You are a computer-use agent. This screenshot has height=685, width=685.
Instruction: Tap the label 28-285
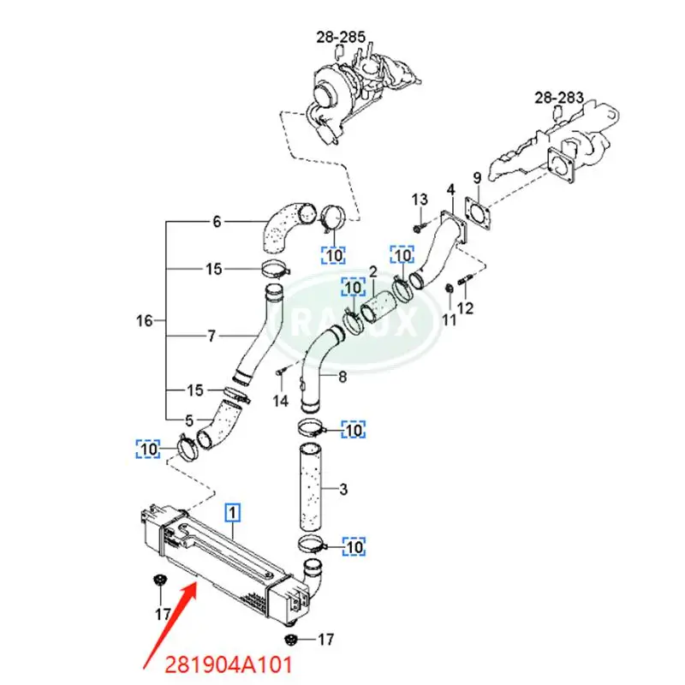[341, 37]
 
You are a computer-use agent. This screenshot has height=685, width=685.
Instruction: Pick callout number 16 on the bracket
[145, 321]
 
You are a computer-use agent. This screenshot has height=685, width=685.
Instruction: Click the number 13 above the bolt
[419, 200]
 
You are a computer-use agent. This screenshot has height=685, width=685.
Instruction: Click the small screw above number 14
[280, 372]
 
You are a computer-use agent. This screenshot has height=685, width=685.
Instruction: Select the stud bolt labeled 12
[463, 280]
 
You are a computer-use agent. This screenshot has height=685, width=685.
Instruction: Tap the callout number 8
[342, 375]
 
